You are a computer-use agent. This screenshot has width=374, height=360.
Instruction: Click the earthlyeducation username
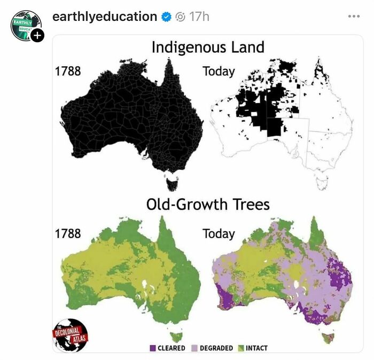point(104,17)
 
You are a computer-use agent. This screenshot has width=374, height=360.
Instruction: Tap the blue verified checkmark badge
point(167,17)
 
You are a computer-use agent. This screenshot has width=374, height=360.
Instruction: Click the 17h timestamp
point(199,17)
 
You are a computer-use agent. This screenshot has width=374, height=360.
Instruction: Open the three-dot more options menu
point(354,17)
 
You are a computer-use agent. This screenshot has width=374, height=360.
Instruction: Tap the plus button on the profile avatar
point(37,36)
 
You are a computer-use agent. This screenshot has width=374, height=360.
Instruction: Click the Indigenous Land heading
point(207,47)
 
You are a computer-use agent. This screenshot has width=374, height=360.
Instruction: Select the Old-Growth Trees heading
point(208,204)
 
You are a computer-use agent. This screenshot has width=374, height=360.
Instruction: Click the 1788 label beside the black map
point(68,71)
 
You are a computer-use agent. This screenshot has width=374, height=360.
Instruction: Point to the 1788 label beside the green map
point(68,233)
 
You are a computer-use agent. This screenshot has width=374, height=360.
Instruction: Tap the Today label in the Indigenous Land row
point(219,71)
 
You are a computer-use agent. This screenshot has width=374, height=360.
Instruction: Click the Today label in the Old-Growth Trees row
point(219,234)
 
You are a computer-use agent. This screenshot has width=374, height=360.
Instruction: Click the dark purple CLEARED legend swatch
point(153,348)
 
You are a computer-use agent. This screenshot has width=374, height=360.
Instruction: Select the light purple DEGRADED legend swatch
point(194,348)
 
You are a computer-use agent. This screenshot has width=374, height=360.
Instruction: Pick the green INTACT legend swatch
point(240,348)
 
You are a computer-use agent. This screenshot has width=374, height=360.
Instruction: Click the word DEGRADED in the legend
point(216,348)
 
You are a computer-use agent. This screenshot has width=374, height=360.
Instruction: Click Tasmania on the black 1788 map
point(172,184)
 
